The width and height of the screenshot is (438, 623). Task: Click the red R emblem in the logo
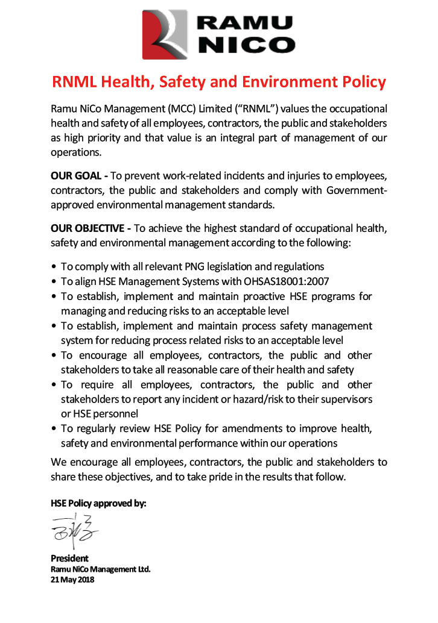tap(164, 34)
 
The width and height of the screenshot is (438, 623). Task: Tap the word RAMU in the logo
tap(245, 23)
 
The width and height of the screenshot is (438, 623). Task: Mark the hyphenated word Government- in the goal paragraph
tap(356, 190)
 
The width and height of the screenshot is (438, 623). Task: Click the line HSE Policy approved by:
tap(98, 502)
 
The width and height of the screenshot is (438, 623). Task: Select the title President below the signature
tap(69, 558)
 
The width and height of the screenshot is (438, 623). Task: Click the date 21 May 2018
tap(72, 580)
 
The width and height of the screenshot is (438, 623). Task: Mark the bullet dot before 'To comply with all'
tap(54, 267)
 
